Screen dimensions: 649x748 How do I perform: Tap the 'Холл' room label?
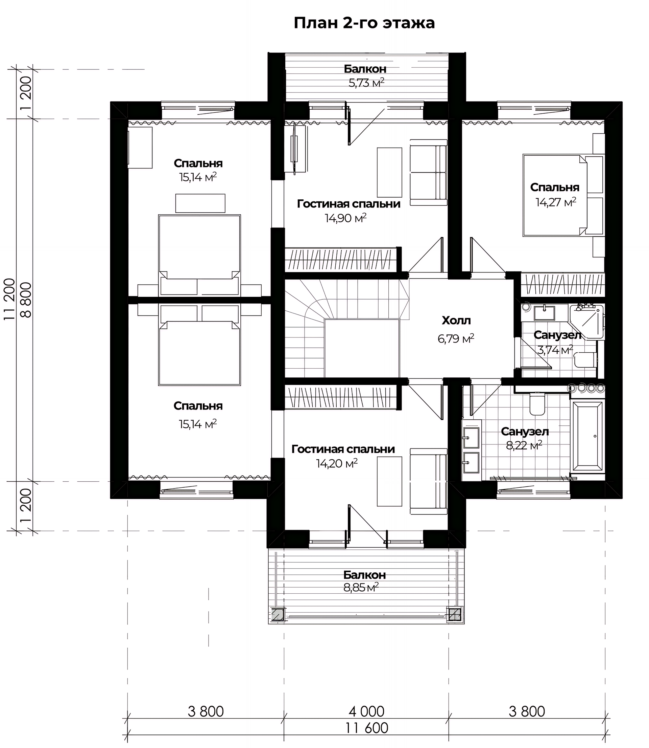point(456,321)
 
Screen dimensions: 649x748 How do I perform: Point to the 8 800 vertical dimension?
point(26,300)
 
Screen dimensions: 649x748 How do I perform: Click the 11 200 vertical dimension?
point(10,299)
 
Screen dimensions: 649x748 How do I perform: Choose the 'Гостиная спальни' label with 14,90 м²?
point(349,204)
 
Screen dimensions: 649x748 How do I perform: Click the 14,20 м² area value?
point(337,463)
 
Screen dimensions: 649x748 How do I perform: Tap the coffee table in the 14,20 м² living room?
point(389,481)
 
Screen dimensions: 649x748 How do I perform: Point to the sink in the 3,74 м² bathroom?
point(544,312)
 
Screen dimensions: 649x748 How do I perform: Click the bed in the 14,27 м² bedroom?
point(563,195)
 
